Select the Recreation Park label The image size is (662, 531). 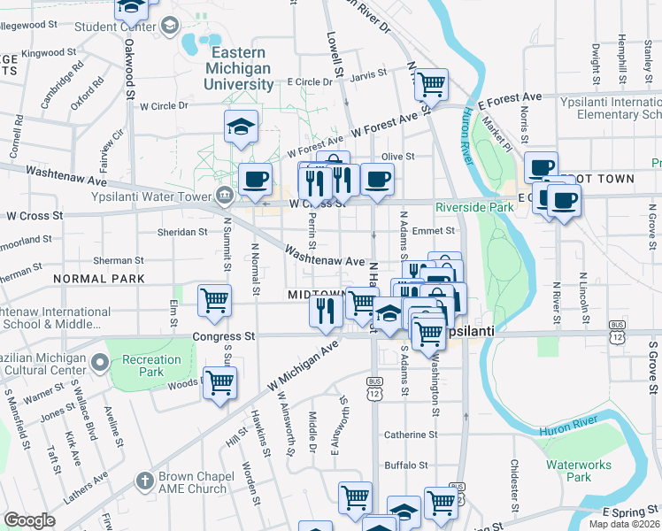[x=152, y=366]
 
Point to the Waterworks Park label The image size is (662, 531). [x=567, y=471]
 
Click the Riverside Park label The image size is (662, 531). [x=474, y=207]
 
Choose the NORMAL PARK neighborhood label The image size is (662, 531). [x=98, y=279]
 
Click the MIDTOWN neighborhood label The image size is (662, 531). [x=314, y=294]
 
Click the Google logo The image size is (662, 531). [x=30, y=520]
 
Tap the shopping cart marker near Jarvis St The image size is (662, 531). [x=431, y=85]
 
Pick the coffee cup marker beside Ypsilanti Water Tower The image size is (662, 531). [x=256, y=178]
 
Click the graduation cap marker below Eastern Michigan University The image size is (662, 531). [x=241, y=127]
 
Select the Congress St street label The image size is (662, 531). [x=224, y=337]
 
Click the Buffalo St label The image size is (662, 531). [x=406, y=465]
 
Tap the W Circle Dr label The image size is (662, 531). [x=165, y=106]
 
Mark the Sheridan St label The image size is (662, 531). [x=181, y=232]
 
